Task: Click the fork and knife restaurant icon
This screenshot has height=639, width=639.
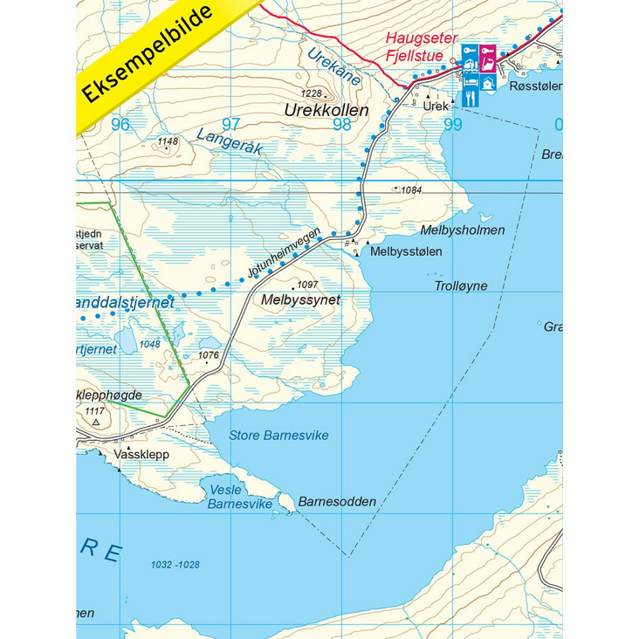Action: [470, 99]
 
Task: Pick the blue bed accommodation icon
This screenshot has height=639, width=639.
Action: [470, 80]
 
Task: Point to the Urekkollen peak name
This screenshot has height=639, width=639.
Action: [326, 111]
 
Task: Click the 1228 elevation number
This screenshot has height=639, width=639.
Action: [311, 93]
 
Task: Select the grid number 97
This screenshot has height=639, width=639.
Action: [230, 124]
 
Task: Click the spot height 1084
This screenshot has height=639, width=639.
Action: [411, 189]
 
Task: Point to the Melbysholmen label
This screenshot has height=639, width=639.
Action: [463, 230]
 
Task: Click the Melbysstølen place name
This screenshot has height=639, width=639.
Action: [406, 251]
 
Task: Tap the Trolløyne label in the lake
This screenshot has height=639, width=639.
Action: [461, 285]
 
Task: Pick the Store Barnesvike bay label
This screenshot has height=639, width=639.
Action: [278, 435]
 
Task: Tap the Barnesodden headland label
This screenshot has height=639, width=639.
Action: [337, 502]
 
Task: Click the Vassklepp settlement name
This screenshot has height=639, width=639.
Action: [141, 455]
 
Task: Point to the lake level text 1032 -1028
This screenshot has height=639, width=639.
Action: [175, 565]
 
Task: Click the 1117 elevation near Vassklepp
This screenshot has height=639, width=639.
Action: [95, 411]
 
